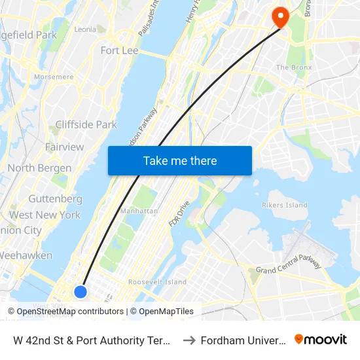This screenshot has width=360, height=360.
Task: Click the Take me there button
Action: [180, 161]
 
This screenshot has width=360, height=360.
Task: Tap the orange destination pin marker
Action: [281, 16]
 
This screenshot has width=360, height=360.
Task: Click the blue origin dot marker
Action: [81, 291]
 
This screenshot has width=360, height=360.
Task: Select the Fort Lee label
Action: [118, 50]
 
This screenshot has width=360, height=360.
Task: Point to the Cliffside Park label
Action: [86, 124]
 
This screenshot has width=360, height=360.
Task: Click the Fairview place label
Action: [64, 147]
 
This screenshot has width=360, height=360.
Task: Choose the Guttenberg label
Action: [55, 198]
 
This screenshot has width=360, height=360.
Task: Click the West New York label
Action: [45, 215]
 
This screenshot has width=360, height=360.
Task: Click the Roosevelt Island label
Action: [157, 282]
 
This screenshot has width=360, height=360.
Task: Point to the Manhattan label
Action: [139, 211]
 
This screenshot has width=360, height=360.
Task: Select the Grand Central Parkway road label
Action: [288, 264]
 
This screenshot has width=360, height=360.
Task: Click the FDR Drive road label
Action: [179, 212]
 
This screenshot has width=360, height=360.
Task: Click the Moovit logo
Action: [321, 340]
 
